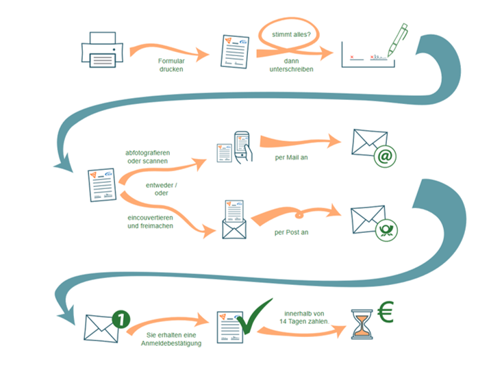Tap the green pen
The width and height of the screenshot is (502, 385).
click(x=397, y=40)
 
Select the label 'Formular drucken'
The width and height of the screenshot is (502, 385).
click(x=171, y=64)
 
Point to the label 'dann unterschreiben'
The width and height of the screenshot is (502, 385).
click(x=291, y=64)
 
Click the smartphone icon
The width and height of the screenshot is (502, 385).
click(x=242, y=146)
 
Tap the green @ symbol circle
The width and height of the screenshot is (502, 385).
click(x=386, y=156)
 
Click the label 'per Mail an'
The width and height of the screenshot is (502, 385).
click(x=291, y=157)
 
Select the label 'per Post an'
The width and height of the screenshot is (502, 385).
click(x=291, y=232)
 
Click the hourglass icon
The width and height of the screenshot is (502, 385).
click(x=361, y=323)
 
